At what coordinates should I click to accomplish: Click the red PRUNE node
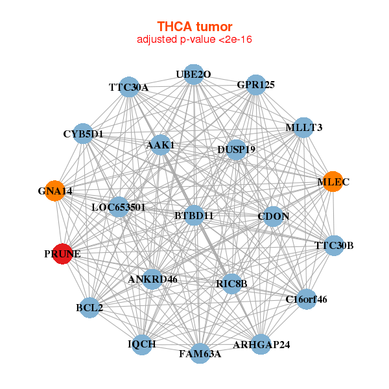(62, 253)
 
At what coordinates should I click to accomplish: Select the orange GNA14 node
(55, 191)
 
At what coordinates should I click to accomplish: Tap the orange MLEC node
(333, 182)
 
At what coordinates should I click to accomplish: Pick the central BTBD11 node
(194, 215)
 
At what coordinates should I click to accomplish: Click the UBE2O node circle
(194, 75)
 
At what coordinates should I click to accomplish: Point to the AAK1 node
(161, 145)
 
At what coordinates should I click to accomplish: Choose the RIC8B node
(231, 284)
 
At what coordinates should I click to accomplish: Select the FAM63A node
(200, 353)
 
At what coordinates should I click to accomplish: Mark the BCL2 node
(89, 307)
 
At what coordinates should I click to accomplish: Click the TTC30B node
(334, 246)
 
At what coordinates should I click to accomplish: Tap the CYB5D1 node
(83, 134)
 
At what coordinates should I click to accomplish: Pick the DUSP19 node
(236, 150)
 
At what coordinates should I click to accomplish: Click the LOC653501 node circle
(119, 207)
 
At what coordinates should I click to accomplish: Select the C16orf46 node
(307, 299)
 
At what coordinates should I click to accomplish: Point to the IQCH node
(141, 345)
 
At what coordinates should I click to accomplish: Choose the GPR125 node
(255, 85)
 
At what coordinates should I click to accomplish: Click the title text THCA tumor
(194, 27)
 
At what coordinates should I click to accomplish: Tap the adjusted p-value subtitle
(194, 40)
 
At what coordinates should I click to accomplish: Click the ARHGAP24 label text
(261, 345)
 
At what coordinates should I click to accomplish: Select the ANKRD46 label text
(152, 279)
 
